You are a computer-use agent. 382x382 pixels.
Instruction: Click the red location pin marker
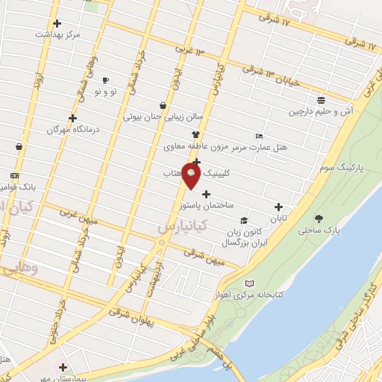(x=192, y=176)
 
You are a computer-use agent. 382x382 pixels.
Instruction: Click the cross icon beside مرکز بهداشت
(x=58, y=23)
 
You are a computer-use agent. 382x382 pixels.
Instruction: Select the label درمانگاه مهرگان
(x=52, y=129)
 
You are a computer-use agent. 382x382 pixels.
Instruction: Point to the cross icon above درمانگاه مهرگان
(x=72, y=118)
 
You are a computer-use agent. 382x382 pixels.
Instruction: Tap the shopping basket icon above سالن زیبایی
(x=163, y=105)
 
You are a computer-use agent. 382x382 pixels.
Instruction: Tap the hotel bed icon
(x=259, y=136)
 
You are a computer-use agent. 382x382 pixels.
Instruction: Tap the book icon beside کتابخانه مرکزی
(x=249, y=284)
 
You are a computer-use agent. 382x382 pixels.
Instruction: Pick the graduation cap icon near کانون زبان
(x=244, y=220)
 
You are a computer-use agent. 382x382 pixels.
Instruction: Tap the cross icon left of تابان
(x=279, y=207)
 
